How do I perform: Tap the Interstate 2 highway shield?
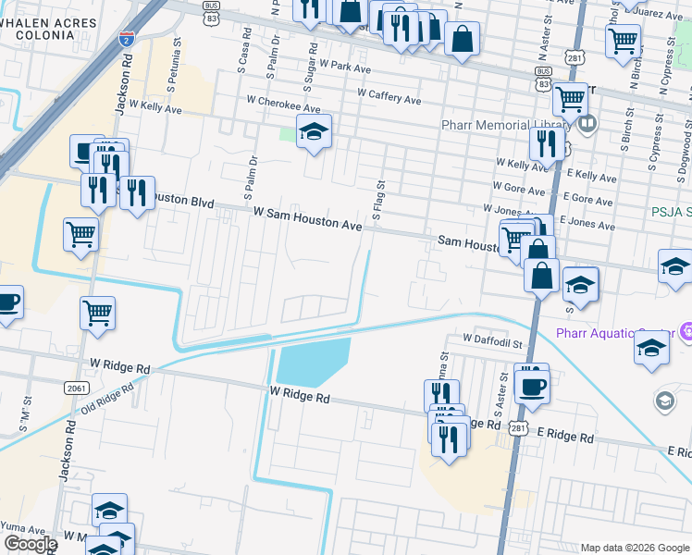pyautogui.click(x=127, y=39)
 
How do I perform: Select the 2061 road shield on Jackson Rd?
pyautogui.click(x=76, y=388)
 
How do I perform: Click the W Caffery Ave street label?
pyautogui.click(x=389, y=94)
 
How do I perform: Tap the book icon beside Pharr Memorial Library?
pyautogui.click(x=586, y=122)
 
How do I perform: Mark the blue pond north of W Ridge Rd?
pyautogui.click(x=314, y=361)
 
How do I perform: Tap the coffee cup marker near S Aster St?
pyautogui.click(x=533, y=386)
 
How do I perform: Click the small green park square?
pyautogui.click(x=288, y=136)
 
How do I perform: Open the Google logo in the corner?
pyautogui.click(x=30, y=544)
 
